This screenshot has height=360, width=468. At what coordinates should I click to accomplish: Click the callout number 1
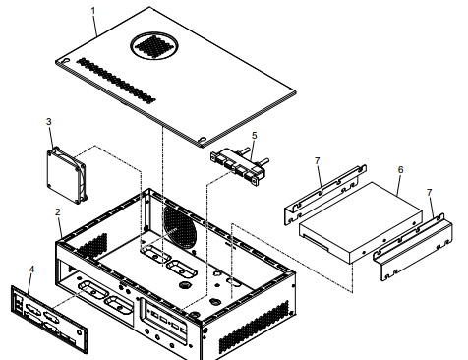click(x=93, y=11)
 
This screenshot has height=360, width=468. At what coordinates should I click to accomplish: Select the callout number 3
click(x=49, y=121)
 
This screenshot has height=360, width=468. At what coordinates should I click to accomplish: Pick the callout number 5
click(x=254, y=136)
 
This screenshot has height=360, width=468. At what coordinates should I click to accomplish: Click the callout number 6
click(x=399, y=169)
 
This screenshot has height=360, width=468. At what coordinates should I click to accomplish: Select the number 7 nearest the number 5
click(x=316, y=159)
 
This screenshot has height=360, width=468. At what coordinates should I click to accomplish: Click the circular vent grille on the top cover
click(x=155, y=43)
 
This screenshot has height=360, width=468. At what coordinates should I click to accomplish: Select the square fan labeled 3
click(x=69, y=173)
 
